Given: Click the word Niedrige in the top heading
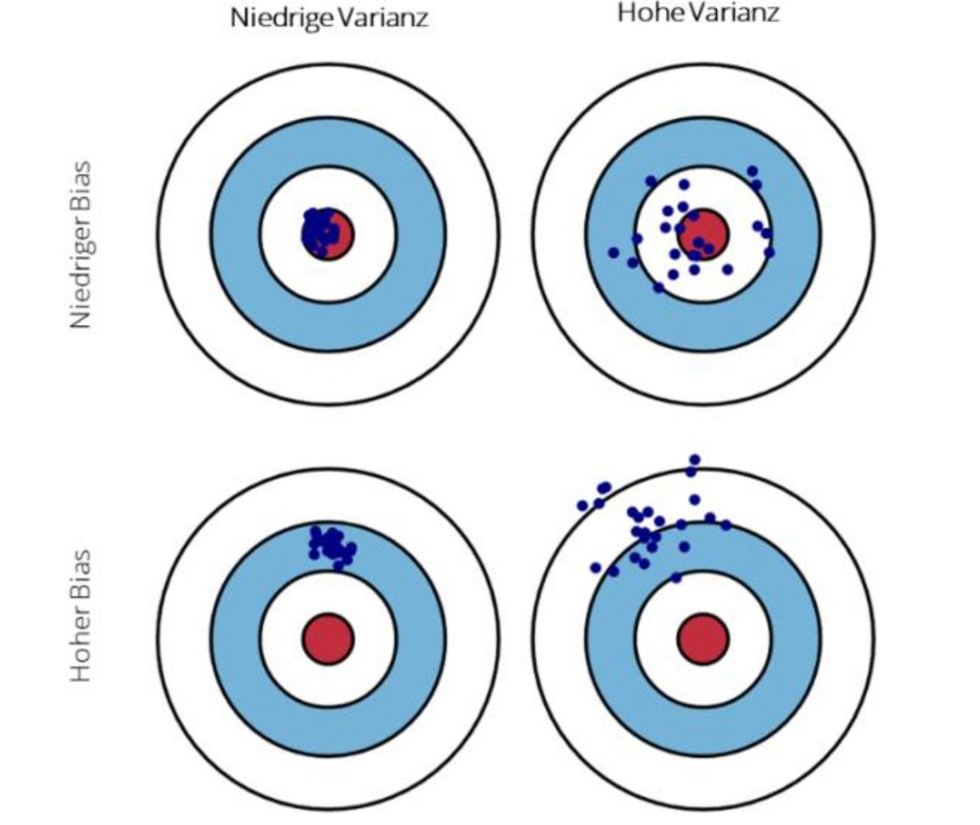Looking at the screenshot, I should pyautogui.click(x=280, y=18).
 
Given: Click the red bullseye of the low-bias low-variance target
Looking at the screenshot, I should pyautogui.click(x=336, y=235).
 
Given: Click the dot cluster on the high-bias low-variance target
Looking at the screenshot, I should pyautogui.click(x=331, y=543).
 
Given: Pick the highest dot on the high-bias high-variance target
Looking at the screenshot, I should pyautogui.click(x=694, y=459).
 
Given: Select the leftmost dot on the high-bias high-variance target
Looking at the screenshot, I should pyautogui.click(x=582, y=505).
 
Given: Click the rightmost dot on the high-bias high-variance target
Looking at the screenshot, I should pyautogui.click(x=726, y=525).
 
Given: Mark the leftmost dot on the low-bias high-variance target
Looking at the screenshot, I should pyautogui.click(x=613, y=252).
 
